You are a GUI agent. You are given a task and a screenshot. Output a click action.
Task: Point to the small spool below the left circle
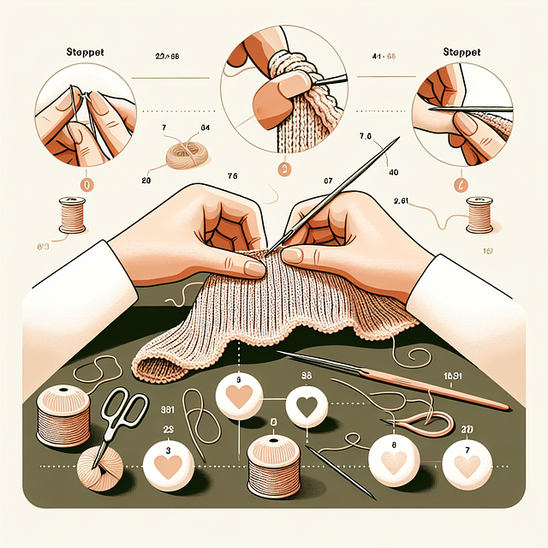(73, 214)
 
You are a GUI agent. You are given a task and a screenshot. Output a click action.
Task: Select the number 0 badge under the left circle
(86, 182)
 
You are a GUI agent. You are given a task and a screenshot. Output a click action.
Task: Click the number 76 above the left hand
(231, 177)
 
